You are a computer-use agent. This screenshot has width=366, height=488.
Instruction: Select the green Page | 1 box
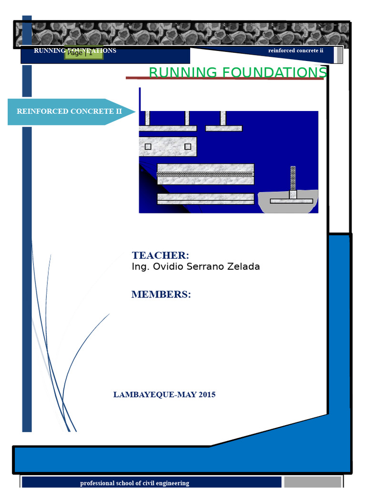tap(84, 53)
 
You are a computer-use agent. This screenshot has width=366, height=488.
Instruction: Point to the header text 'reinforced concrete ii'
tap(295, 51)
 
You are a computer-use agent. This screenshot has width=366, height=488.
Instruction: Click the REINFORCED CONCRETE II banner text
tap(69, 112)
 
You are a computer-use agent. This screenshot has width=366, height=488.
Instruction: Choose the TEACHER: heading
tap(161, 255)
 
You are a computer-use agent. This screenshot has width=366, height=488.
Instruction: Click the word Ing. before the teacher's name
tap(140, 267)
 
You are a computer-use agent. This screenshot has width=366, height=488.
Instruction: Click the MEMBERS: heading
tap(161, 295)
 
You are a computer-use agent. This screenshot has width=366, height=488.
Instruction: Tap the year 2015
tap(207, 395)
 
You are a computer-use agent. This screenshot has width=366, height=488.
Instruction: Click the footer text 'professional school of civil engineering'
tap(134, 483)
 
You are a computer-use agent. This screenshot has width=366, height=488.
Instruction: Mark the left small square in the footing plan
tap(148, 146)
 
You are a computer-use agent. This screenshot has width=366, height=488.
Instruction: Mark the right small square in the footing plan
tap(188, 146)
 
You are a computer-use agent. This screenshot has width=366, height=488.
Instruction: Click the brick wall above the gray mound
tap(293, 178)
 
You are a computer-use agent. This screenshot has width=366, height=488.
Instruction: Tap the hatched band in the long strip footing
tap(205, 174)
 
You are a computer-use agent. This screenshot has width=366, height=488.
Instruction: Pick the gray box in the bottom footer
tap(313, 482)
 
